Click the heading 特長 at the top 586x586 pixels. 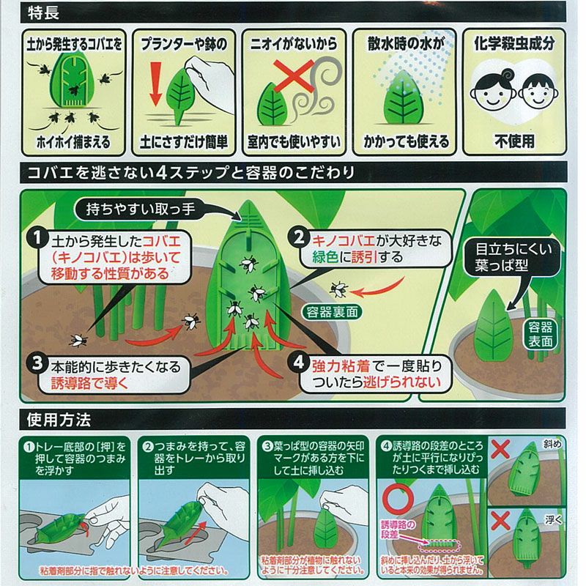[43, 13]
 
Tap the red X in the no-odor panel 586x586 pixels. [294, 75]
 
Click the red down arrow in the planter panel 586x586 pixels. [155, 84]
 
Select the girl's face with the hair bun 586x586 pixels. [490, 91]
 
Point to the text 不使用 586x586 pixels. [514, 141]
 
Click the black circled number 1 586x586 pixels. [37, 238]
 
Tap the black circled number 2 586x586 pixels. [299, 237]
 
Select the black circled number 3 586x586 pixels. [37, 363]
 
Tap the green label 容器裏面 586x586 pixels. [332, 312]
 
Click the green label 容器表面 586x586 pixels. [540, 334]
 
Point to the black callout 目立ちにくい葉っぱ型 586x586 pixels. [513, 257]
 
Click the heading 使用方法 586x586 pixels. [59, 420]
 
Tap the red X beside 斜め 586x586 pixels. [500, 448]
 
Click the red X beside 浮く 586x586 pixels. [500, 520]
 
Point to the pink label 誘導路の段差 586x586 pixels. [398, 530]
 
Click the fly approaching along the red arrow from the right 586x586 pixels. [339, 289]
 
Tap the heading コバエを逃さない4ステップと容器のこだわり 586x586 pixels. [191, 173]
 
